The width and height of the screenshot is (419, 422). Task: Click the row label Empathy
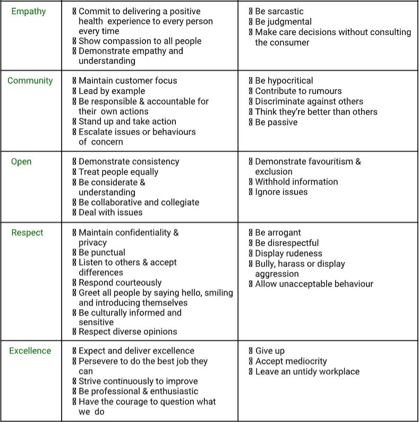tap(29, 11)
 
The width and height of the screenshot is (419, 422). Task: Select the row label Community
tap(30, 81)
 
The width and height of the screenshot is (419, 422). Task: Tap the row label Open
tap(21, 162)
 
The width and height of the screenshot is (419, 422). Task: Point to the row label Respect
tap(28, 232)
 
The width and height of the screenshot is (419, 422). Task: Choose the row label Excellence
tap(30, 351)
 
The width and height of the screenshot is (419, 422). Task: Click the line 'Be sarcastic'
tap(279, 11)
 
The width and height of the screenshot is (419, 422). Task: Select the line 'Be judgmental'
tap(283, 22)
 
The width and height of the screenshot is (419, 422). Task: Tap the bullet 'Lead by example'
tap(112, 91)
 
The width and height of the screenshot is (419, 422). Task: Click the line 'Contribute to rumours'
tap(298, 91)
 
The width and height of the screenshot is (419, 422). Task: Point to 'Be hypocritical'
tap(284, 81)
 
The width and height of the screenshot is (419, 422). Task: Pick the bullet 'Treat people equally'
tap(118, 172)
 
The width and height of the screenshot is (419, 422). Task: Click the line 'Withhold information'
tap(296, 182)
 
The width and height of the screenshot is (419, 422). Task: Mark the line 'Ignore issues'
tap(281, 192)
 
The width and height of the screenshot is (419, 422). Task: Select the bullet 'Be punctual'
tap(101, 252)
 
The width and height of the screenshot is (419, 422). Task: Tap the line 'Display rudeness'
tap(288, 253)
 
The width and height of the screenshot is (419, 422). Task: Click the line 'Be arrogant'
tap(278, 232)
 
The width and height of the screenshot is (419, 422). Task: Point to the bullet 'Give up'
tap(270, 351)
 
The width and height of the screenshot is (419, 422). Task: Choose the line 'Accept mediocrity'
tap(290, 361)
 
